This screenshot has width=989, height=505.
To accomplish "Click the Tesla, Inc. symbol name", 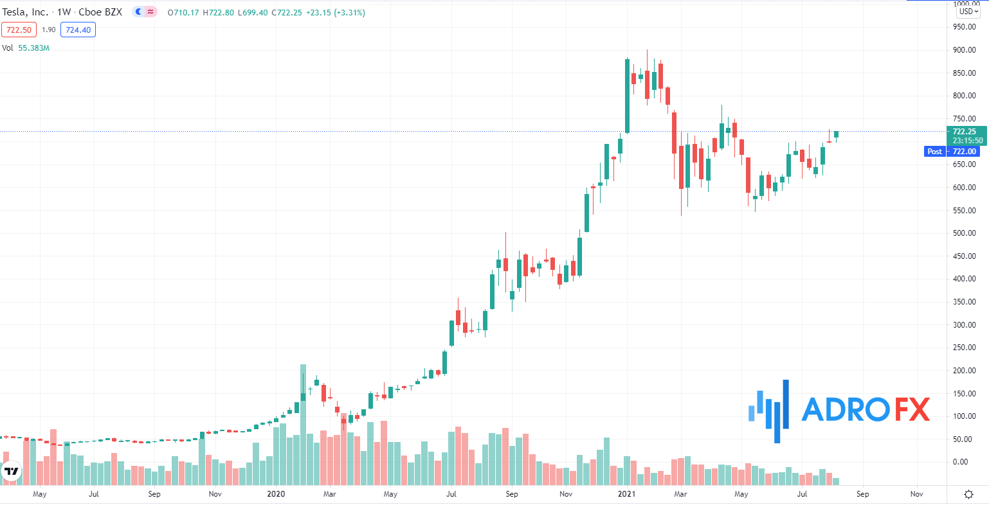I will coord(26,12).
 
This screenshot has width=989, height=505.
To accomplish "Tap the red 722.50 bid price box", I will coord(17,30).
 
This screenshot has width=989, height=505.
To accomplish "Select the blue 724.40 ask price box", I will coord(78,30).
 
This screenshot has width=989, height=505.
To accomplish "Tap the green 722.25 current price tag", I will coord(965,132).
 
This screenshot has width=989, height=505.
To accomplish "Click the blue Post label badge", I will coord(934,152).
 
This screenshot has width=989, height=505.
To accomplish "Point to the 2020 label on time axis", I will coord(275,494).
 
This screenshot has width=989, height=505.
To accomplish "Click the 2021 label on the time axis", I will coord(626,494).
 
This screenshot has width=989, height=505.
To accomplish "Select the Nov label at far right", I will coord(917,494).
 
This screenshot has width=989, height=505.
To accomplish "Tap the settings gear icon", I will coord(968,494).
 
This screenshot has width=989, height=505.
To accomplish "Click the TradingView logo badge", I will coord(12,471).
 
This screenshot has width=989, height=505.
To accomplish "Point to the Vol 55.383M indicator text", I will coord(26,48).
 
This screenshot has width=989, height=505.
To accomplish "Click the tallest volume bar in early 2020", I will coord(303,424).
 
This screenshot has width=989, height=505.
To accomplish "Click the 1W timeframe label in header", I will coord(64,12).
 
